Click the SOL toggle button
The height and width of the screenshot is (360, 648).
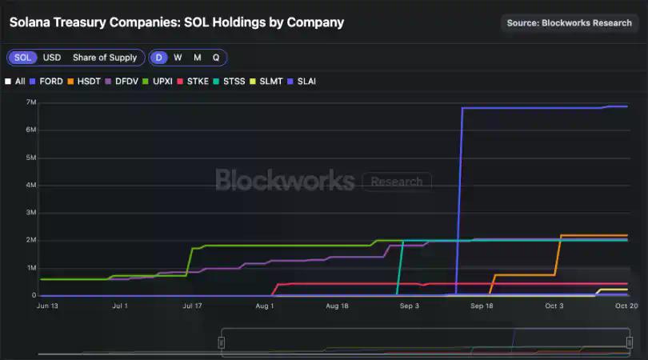tap(23, 58)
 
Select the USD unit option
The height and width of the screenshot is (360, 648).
tap(51, 58)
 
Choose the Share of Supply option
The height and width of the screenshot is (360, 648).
tap(104, 58)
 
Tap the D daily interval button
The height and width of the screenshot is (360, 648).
tap(159, 58)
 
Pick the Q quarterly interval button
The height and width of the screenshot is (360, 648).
tap(216, 58)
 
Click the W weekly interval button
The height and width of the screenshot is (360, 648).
tap(178, 58)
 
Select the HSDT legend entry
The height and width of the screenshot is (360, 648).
tap(86, 81)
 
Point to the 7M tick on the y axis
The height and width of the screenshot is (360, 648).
tap(31, 102)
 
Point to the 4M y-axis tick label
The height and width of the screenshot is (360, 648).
tap(31, 186)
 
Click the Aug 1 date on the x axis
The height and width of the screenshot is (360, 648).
tap(265, 306)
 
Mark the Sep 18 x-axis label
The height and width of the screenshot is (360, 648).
tap(482, 306)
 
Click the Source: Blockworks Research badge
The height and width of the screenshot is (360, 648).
tap(569, 23)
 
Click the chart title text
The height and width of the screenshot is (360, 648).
tap(177, 22)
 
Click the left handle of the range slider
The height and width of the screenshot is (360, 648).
tap(222, 342)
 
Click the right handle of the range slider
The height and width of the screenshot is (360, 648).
tap(630, 342)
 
